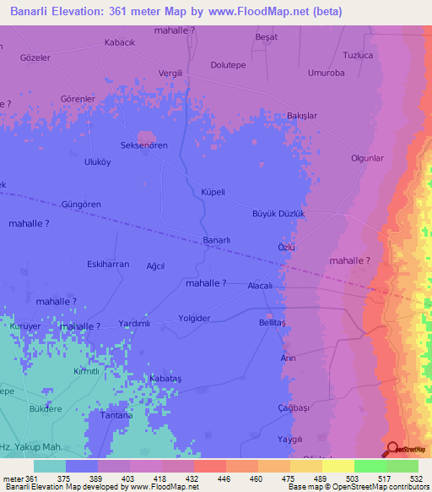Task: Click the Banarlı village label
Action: [x=217, y=240]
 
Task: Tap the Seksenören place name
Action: [x=144, y=145]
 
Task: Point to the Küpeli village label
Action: [x=213, y=192]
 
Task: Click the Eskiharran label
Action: [x=108, y=265]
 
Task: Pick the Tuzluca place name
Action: [x=358, y=55]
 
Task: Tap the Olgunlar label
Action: [x=367, y=158]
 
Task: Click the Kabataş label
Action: [x=165, y=378]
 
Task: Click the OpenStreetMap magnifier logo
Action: [x=391, y=449]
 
